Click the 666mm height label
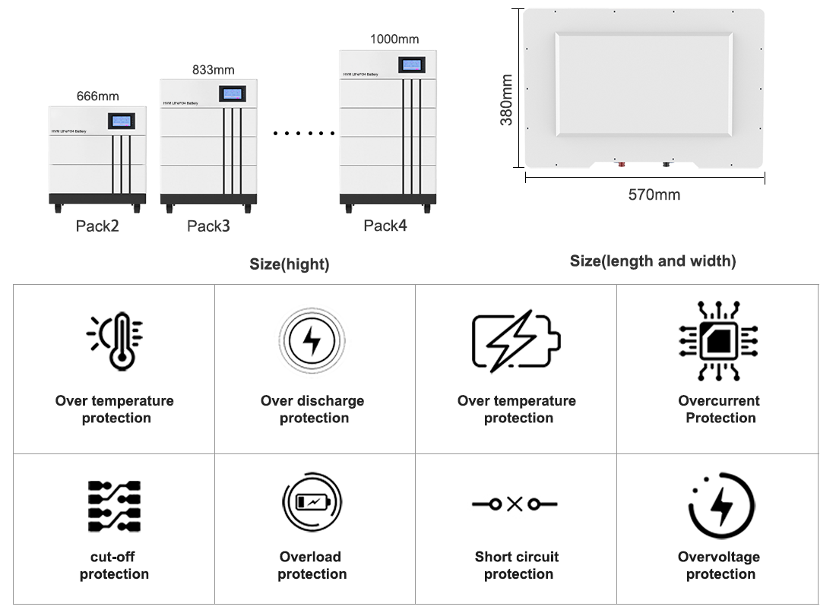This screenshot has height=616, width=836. point(98,96)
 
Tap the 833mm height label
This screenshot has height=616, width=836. point(213,70)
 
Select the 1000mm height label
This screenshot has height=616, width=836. point(394,39)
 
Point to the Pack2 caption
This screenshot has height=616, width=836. point(97,226)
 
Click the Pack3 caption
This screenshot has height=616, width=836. point(208,226)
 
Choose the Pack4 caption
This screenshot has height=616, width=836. point(385,226)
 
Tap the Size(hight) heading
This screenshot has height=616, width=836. point(290,264)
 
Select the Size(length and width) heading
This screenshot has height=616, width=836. point(653,261)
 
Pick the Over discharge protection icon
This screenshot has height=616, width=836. point(312,342)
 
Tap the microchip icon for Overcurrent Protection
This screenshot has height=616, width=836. point(717,341)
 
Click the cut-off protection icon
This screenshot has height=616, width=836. point(114,505)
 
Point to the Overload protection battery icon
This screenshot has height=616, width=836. point(312,502)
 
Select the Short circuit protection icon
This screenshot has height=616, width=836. point(515,504)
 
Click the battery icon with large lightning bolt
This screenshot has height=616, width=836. point(515,341)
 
